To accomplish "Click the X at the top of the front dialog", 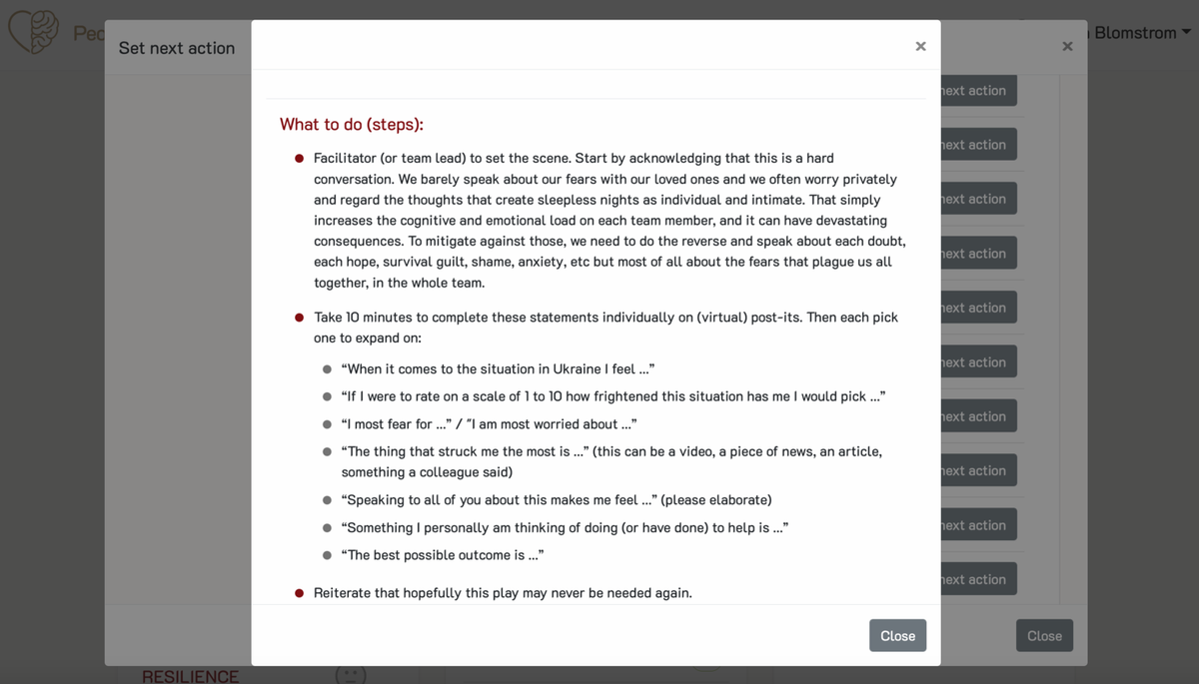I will pos(920,46).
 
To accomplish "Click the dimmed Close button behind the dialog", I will pos(1044,636).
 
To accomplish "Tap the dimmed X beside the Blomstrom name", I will pos(1067,46).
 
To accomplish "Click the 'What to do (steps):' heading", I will pos(351,124).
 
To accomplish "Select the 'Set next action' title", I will pos(177,48).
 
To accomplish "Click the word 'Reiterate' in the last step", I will pos(342,592).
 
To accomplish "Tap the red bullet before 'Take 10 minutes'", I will pos(299,318).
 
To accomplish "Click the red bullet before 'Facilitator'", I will pos(299,159).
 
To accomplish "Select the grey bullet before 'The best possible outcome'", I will pos(327,555).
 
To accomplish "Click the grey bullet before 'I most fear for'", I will pos(327,424).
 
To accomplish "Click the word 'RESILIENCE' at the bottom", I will pos(190,676).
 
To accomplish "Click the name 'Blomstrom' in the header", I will pos(1135,33).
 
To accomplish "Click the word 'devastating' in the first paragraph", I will pos(849,220).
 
